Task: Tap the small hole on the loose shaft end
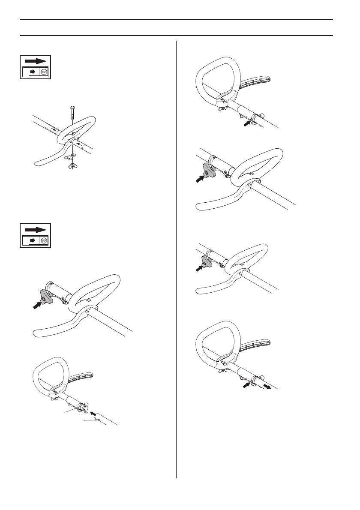pos(99,420)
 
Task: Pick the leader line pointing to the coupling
pos(70,411)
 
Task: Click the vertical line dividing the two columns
pos(177,257)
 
